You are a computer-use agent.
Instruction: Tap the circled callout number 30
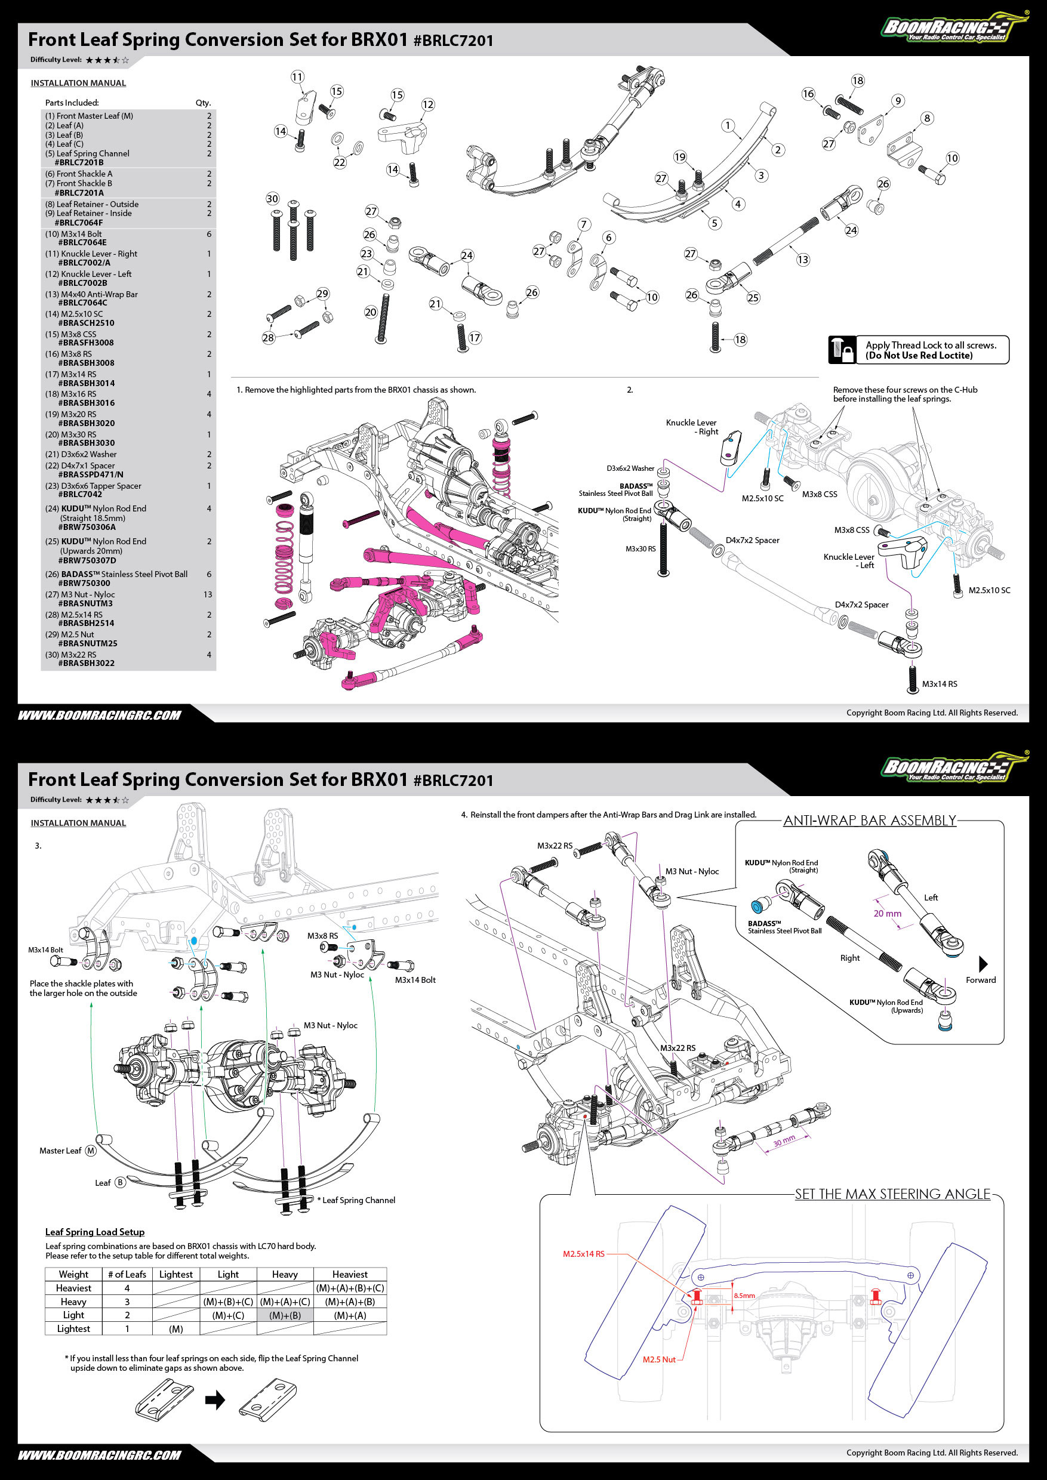[273, 199]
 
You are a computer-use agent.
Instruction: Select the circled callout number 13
[803, 259]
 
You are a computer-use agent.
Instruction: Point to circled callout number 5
[715, 223]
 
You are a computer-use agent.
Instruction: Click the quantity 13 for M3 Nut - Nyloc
[208, 594]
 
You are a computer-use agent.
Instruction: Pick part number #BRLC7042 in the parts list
[80, 494]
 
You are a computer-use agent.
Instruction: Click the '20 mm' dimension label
[887, 914]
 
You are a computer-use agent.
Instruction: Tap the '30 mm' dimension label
[784, 1141]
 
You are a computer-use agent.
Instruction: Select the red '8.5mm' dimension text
[744, 1295]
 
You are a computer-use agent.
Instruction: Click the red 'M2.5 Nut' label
[659, 1359]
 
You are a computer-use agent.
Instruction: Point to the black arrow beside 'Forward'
[983, 964]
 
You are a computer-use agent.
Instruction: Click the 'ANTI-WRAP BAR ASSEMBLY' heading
[870, 821]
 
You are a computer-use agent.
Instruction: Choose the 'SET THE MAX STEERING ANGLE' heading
[892, 1194]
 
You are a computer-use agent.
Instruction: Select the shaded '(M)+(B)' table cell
[285, 1315]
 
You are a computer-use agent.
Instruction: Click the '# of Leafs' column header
[127, 1274]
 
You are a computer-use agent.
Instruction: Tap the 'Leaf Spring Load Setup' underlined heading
[95, 1232]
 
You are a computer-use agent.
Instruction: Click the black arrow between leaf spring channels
[215, 1399]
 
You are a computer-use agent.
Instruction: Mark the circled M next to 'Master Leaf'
[91, 1151]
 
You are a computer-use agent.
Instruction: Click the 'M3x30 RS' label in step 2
[640, 549]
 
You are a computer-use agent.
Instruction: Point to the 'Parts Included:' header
[72, 103]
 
